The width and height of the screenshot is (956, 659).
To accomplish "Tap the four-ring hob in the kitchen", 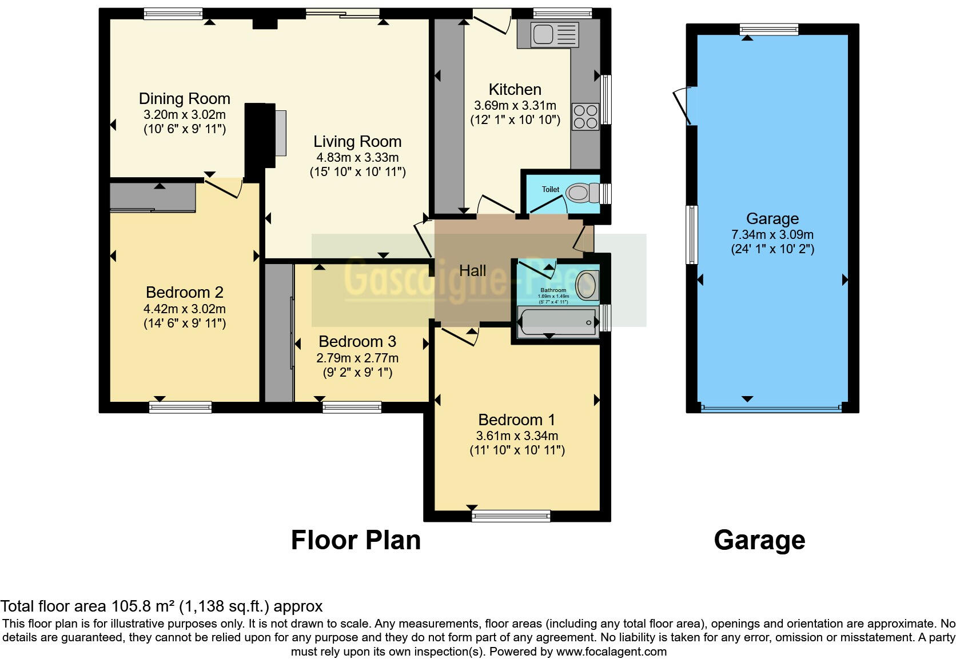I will coord(585,117).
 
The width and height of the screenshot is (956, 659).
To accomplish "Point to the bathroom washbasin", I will coord(587,285).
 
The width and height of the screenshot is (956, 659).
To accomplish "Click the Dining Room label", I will coord(184,99).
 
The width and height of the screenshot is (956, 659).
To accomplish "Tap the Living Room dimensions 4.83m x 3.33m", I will coord(357,157).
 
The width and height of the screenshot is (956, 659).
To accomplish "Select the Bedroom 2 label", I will coord(184,293).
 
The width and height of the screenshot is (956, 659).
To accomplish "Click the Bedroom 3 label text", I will coord(357,342).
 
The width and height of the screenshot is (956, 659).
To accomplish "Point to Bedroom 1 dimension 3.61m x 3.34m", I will coord(517,436).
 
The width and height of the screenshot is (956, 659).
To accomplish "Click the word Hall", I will coord(473,271).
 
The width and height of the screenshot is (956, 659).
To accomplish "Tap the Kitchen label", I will coord(515,90).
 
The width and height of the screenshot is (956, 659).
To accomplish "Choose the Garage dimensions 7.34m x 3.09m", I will coord(772,234).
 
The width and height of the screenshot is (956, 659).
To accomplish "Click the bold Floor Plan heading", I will coord(356,540).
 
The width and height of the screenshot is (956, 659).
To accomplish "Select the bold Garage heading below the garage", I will coord(759,540).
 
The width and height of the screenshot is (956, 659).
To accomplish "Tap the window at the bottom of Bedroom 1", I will coord(511,516).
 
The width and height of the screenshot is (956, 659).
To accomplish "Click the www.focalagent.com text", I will coord(611,652).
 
